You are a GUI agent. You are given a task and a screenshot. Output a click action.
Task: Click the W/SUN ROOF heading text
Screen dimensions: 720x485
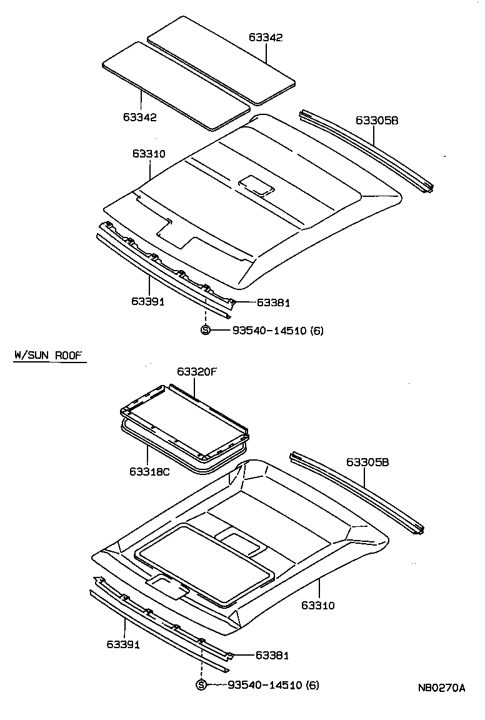[x=48, y=356]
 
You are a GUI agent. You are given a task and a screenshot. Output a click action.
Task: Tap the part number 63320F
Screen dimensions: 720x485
[x=196, y=371]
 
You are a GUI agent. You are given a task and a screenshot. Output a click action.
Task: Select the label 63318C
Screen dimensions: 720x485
[x=149, y=471]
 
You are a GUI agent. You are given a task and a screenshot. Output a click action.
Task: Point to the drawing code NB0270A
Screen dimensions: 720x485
[x=441, y=688]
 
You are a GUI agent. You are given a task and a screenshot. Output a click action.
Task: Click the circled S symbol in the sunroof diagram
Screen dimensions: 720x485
[x=201, y=685]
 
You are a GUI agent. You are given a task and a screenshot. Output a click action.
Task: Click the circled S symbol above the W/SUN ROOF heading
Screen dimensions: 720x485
[x=205, y=330]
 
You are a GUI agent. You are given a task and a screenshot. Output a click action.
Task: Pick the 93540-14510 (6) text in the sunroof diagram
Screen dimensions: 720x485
[x=273, y=685]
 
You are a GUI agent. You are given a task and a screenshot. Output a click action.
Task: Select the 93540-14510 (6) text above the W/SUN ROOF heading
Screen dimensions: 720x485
[x=277, y=330]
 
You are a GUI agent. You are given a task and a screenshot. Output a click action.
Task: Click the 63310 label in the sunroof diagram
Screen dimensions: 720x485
[x=318, y=605]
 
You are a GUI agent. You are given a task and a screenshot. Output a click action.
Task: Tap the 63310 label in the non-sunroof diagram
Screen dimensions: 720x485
[x=149, y=154]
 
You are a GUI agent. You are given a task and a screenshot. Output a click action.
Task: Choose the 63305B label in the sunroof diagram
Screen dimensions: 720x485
[x=367, y=462]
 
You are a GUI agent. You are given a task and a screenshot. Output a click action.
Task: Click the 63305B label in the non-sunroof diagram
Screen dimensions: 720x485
[x=377, y=120]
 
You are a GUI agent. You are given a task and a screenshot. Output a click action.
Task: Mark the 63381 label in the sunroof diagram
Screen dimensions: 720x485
[x=272, y=655]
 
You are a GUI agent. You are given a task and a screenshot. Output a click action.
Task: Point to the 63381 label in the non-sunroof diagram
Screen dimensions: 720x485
[x=273, y=302]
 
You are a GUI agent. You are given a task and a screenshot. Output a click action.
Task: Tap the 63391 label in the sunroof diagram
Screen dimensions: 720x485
[x=122, y=644]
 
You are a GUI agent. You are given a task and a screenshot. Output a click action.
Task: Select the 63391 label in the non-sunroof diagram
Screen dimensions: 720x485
[x=147, y=301]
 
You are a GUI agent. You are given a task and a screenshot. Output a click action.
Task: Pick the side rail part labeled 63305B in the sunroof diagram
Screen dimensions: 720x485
[x=356, y=494]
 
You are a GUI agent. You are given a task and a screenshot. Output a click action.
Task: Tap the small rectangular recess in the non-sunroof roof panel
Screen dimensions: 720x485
[x=256, y=185]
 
